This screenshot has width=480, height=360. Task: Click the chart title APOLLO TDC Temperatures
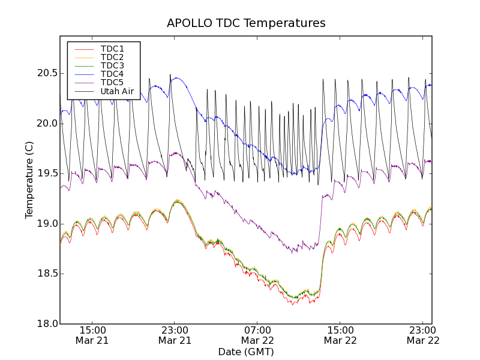pos(246,23)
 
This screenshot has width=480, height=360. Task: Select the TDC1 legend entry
pos(112,49)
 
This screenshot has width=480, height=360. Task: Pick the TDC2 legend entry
pos(112,57)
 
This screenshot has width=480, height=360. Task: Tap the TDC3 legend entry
pos(112,65)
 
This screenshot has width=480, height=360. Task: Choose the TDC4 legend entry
pos(112,74)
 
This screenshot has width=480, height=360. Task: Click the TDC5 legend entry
pos(112,82)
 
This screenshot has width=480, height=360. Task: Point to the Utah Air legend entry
pos(117,91)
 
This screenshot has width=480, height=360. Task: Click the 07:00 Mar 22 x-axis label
pos(257,335)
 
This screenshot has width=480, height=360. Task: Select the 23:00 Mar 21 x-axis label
pos(175,335)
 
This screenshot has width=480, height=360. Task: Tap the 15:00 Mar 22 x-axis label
pos(340,335)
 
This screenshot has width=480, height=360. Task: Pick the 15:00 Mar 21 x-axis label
pos(92,335)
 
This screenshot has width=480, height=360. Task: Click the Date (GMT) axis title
pos(246,352)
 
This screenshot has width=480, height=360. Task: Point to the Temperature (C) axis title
pos(29,180)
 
